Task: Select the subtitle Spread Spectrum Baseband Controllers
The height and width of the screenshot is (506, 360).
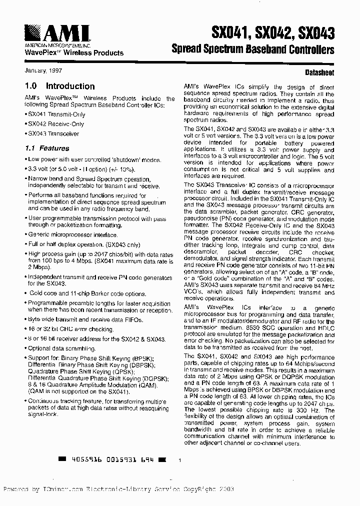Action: pyautogui.click(x=252, y=49)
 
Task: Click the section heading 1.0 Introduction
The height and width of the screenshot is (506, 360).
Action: pyautogui.click(x=59, y=86)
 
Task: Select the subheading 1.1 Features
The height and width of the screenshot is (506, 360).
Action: pyautogui.click(x=47, y=148)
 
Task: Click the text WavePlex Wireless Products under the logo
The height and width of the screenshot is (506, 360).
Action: pyautogui.click(x=74, y=52)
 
